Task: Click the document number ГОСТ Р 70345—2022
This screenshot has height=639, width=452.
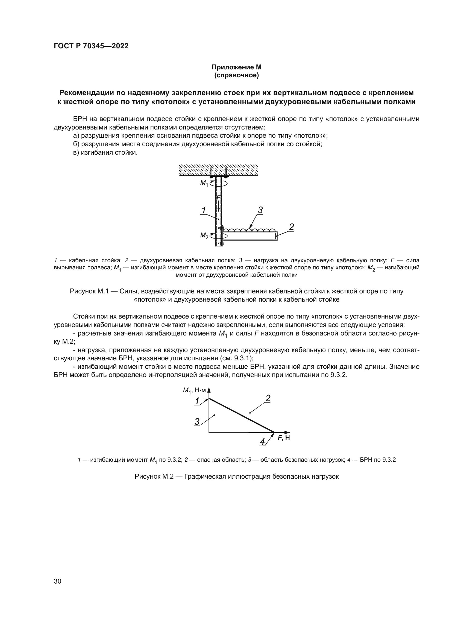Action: click(91, 46)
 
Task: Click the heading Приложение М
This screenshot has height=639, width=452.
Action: click(236, 67)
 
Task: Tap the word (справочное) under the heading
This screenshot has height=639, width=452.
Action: click(236, 75)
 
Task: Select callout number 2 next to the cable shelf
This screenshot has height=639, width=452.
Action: click(291, 227)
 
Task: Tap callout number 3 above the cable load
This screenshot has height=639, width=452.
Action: click(260, 210)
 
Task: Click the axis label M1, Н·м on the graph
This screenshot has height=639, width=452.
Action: click(194, 390)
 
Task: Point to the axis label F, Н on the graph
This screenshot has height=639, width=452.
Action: click(284, 438)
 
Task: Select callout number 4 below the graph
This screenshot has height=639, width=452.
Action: click(262, 442)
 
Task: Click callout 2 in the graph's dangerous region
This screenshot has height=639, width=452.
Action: click(268, 399)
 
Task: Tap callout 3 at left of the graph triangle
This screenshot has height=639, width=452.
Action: click(197, 422)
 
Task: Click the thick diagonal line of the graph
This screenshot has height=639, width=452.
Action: click(241, 415)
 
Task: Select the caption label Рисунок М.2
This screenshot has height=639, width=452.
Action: click(154, 476)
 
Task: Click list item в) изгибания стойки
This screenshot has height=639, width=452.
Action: click(105, 152)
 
